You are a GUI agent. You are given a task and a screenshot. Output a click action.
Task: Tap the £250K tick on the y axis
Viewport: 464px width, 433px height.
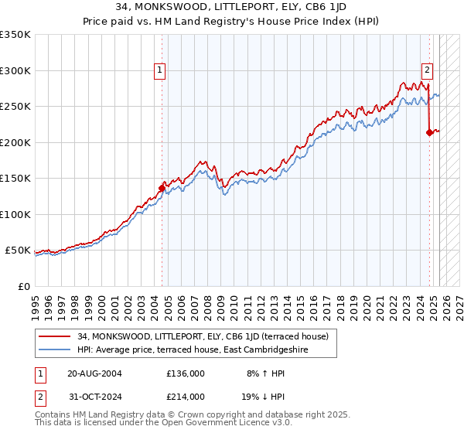tap(15, 107)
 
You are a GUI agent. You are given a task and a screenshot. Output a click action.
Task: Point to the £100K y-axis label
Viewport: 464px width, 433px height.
tap(15, 214)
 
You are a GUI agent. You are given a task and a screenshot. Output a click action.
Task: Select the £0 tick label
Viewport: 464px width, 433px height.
tap(23, 286)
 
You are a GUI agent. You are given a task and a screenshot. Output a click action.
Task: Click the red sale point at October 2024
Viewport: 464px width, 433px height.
tap(429, 132)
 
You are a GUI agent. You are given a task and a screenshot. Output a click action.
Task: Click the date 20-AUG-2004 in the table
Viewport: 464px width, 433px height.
tap(94, 373)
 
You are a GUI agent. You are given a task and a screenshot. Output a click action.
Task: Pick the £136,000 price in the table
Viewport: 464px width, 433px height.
tap(186, 373)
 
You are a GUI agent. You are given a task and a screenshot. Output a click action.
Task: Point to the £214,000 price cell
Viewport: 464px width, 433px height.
tap(186, 397)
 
